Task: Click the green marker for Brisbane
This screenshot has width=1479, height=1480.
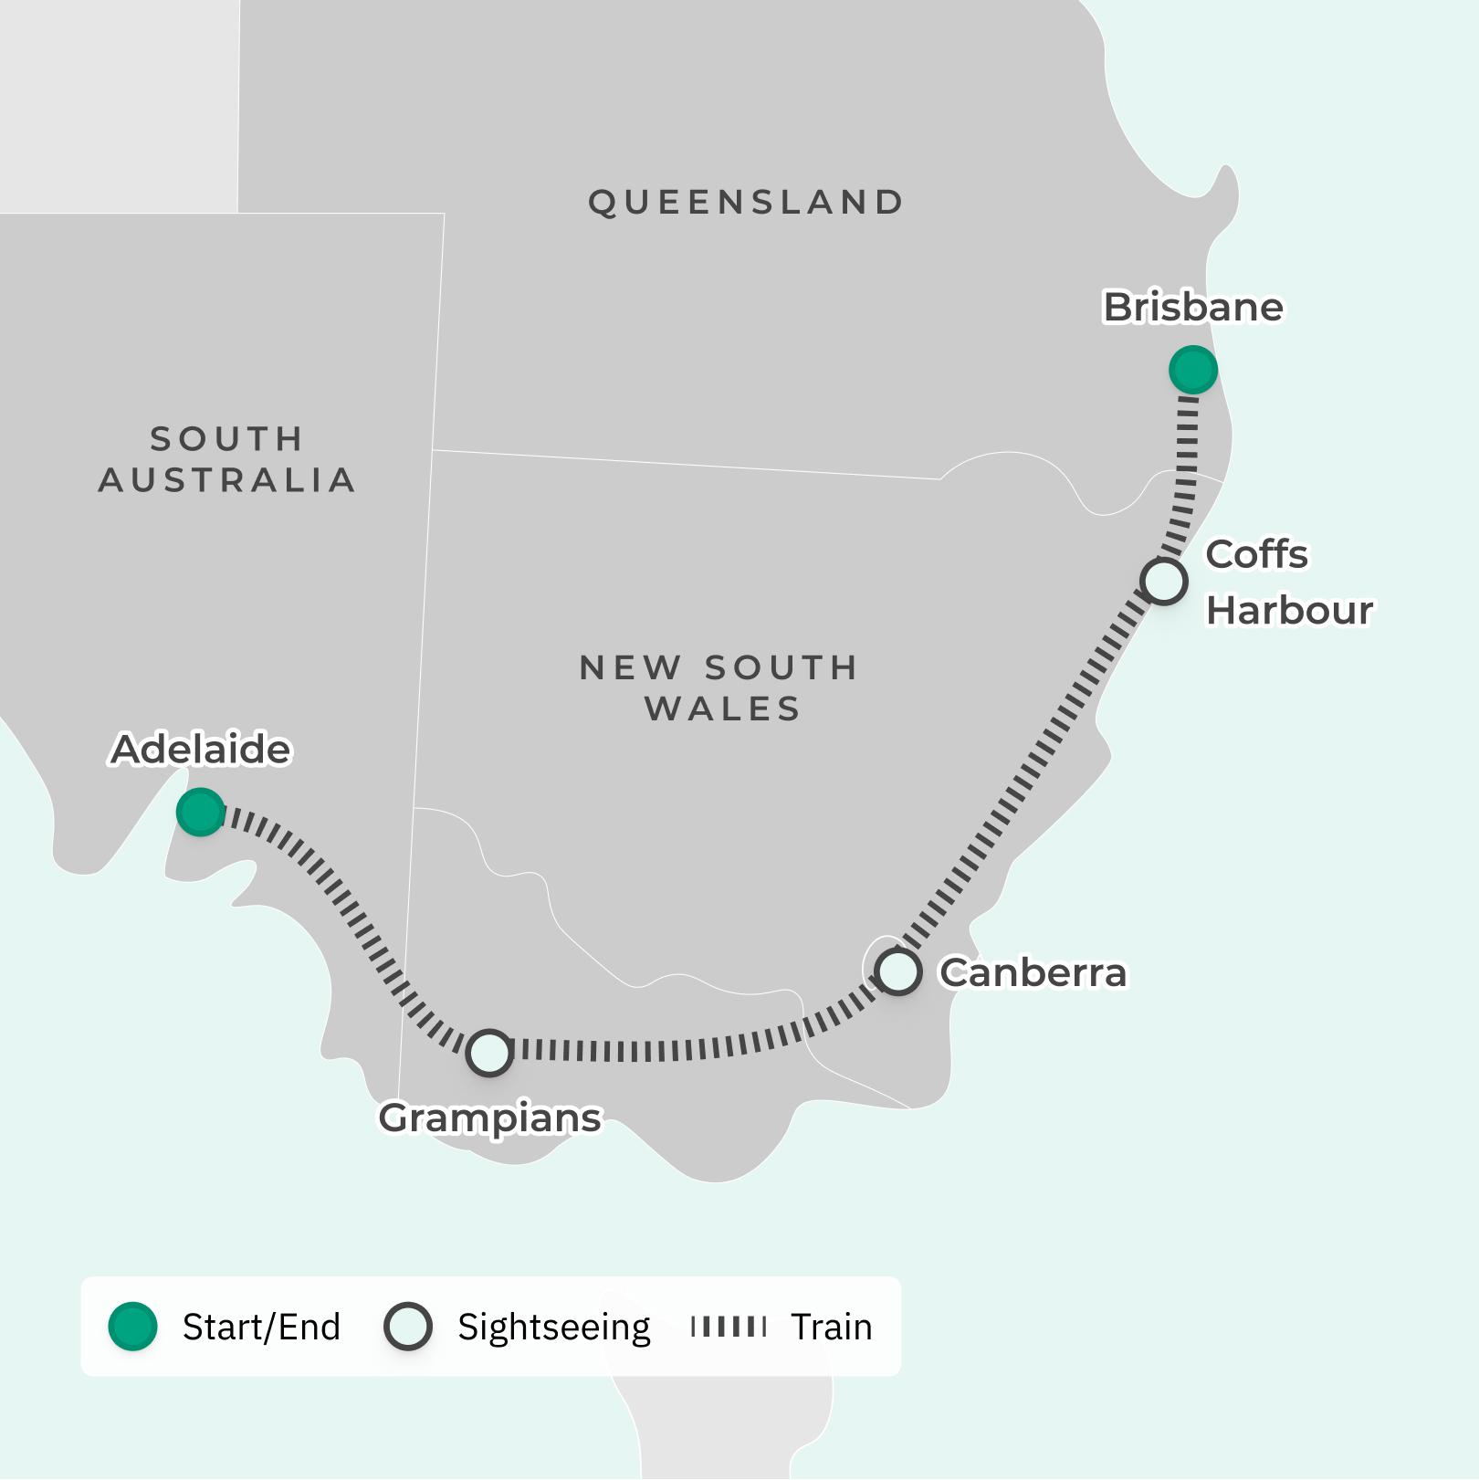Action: click(1192, 370)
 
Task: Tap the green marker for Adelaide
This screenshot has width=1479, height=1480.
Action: click(200, 811)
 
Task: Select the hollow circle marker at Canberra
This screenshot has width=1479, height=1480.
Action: click(897, 971)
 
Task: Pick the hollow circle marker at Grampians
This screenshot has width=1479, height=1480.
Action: click(489, 1053)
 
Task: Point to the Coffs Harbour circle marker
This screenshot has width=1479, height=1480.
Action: click(1163, 581)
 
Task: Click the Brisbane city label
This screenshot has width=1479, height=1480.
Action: click(1192, 308)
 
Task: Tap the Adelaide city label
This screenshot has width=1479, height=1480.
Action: click(201, 750)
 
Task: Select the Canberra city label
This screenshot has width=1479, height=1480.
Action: click(1033, 973)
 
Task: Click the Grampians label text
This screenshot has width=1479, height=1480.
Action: click(490, 1118)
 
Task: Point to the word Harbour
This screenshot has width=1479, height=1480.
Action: click(1289, 611)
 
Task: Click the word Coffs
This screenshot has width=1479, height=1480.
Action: click(1256, 554)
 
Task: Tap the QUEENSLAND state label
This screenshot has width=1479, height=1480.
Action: click(746, 203)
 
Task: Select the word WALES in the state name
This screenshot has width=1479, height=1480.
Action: click(722, 709)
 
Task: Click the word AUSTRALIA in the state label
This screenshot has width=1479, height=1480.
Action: click(226, 480)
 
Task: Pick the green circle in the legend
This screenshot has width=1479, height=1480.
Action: click(133, 1326)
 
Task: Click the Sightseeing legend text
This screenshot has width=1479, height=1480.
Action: click(553, 1327)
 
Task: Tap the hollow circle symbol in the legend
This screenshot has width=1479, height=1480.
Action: click(407, 1326)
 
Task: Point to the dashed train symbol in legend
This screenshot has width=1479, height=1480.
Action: click(729, 1326)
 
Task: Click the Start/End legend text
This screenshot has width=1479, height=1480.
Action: click(261, 1327)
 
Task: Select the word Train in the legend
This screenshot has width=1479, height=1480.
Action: click(831, 1327)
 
